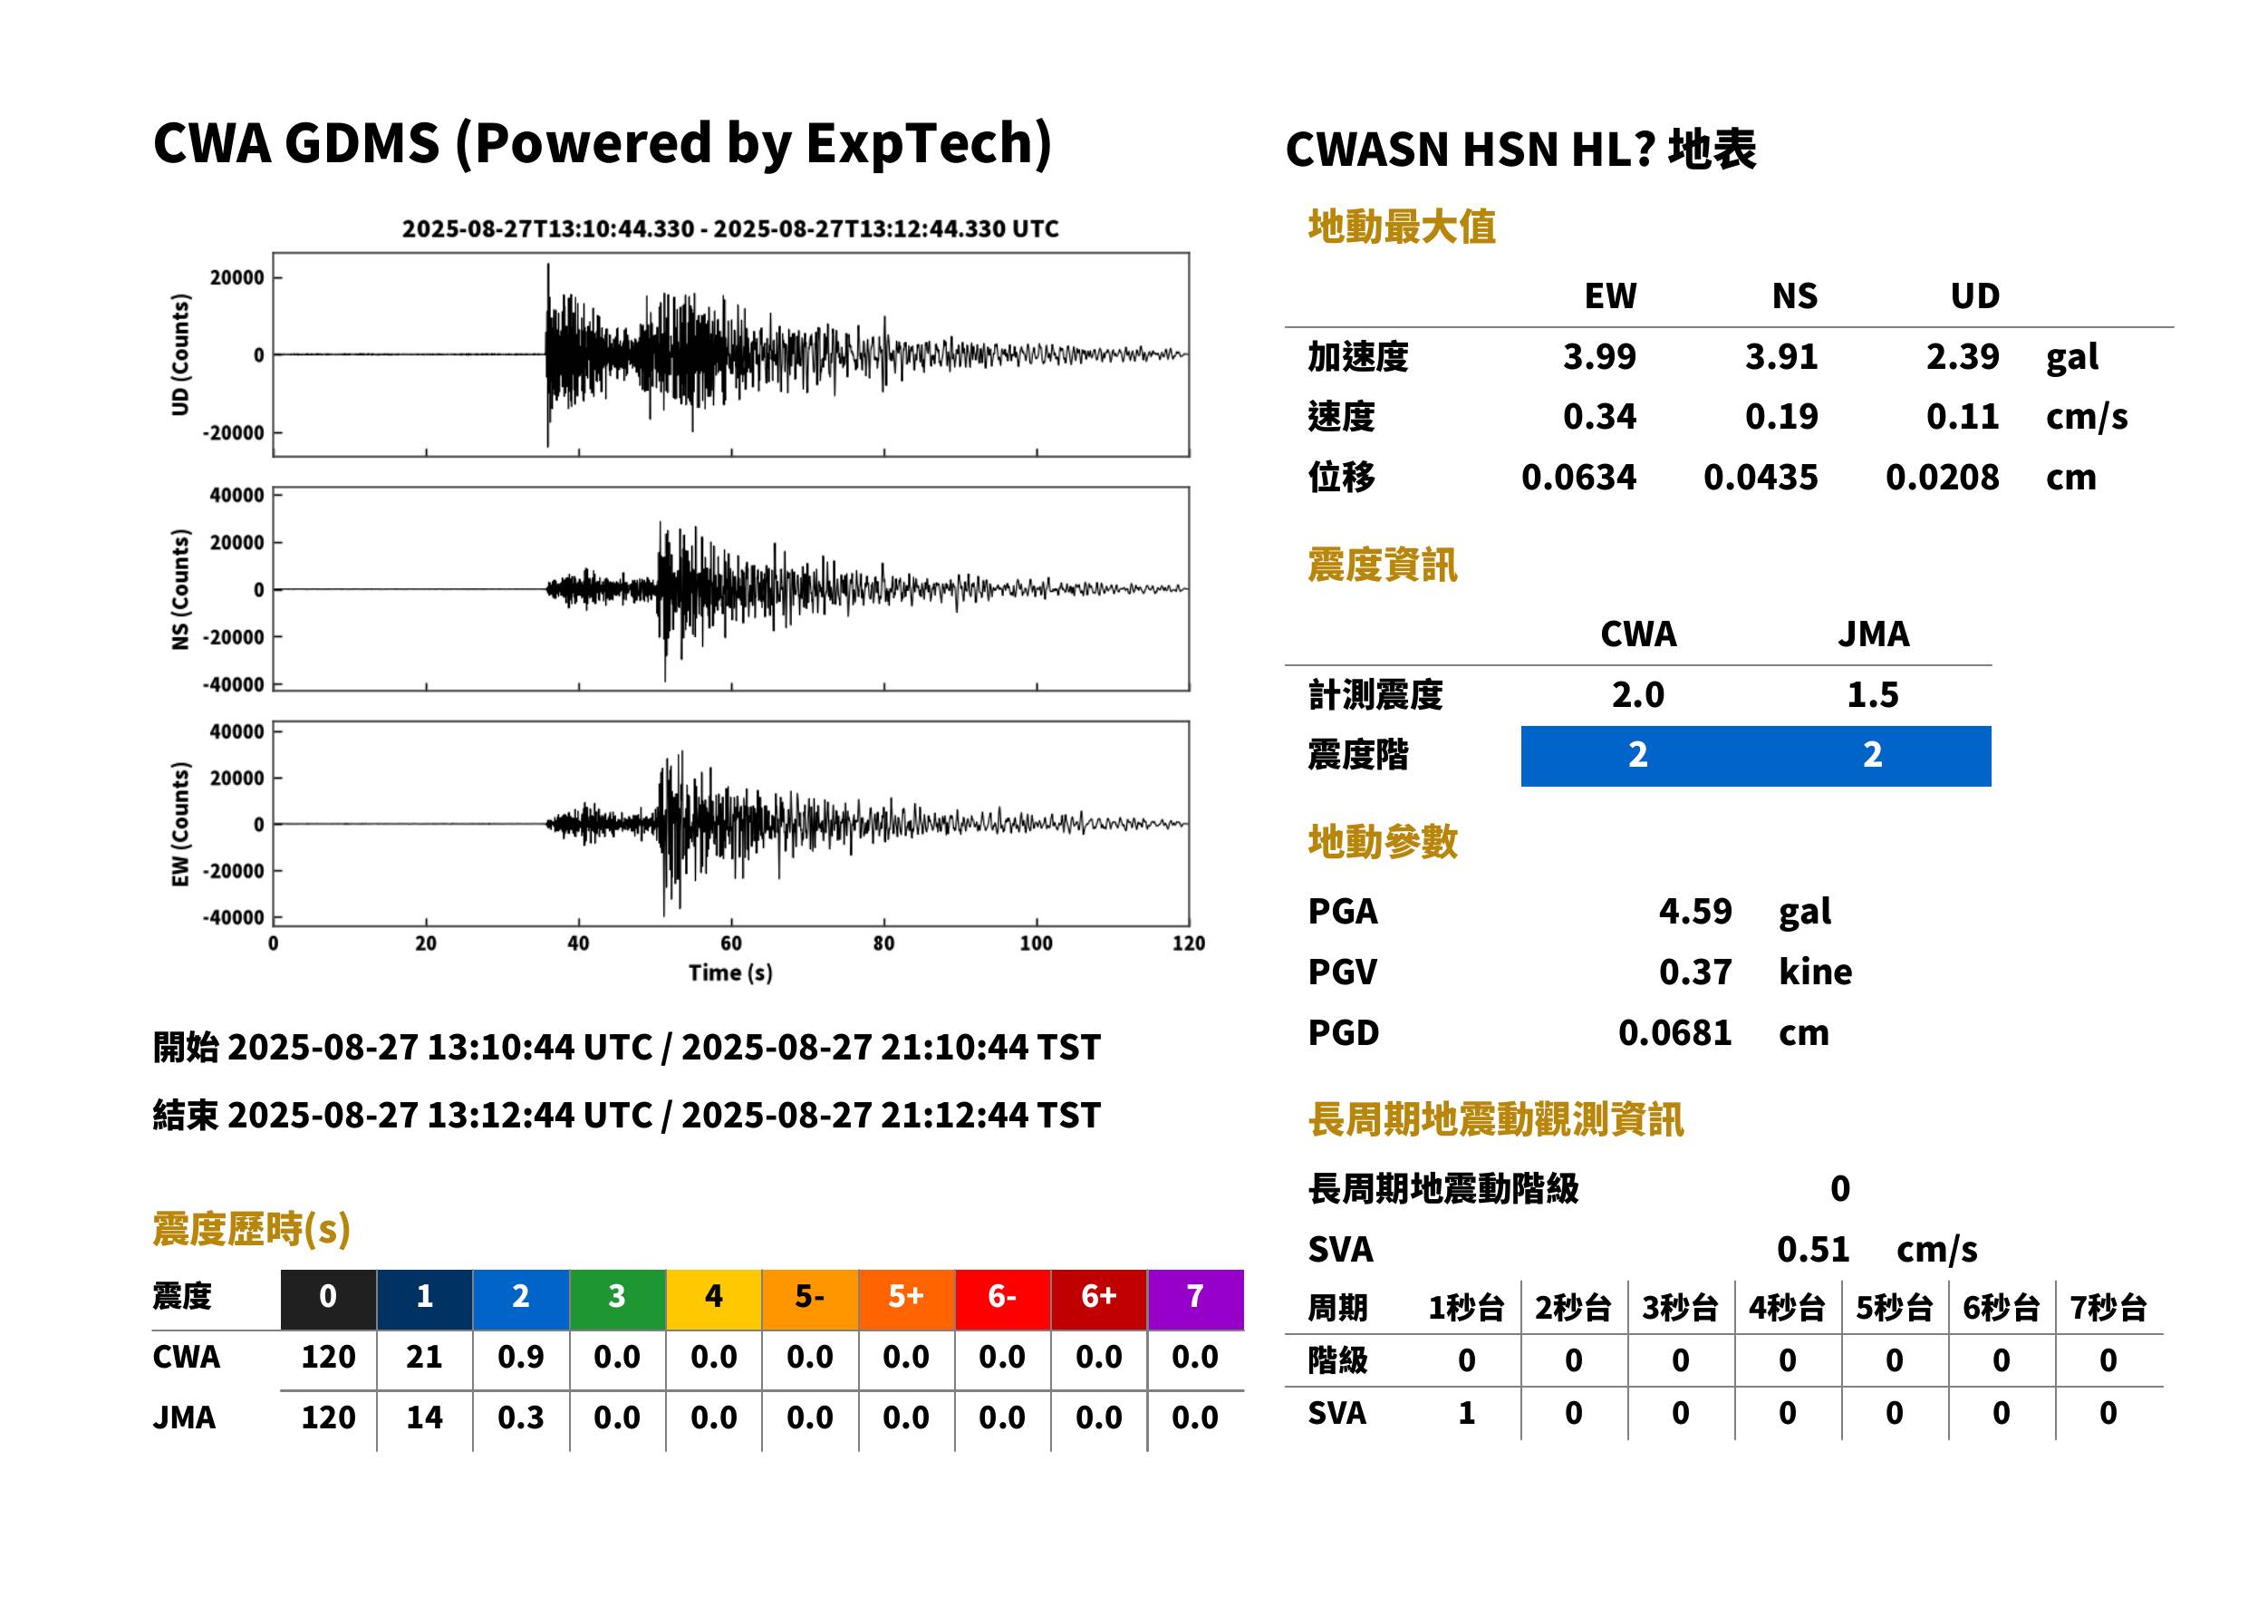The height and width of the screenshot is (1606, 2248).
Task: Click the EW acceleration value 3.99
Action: [1598, 356]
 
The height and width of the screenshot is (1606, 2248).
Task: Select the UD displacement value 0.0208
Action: [1942, 477]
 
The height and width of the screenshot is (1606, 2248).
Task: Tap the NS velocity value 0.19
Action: [1780, 416]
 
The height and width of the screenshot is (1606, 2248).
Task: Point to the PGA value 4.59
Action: [1694, 911]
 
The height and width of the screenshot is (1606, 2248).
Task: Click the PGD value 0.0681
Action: [1674, 1032]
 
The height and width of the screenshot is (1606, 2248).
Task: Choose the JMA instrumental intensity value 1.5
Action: [1872, 694]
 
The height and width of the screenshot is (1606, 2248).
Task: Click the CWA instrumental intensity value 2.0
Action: [1638, 694]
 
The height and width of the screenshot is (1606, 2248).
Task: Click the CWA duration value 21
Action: [424, 1357]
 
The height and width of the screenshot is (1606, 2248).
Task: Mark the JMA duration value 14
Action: [424, 1417]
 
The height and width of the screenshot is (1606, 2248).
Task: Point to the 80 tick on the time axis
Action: [883, 943]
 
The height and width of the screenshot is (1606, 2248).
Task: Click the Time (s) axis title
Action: [730, 972]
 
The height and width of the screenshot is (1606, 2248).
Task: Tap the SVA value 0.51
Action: [1812, 1249]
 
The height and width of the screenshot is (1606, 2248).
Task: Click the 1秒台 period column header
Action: [1466, 1307]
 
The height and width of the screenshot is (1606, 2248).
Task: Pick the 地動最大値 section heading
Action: [1402, 227]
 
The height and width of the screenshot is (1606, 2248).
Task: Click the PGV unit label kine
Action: [1815, 971]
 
